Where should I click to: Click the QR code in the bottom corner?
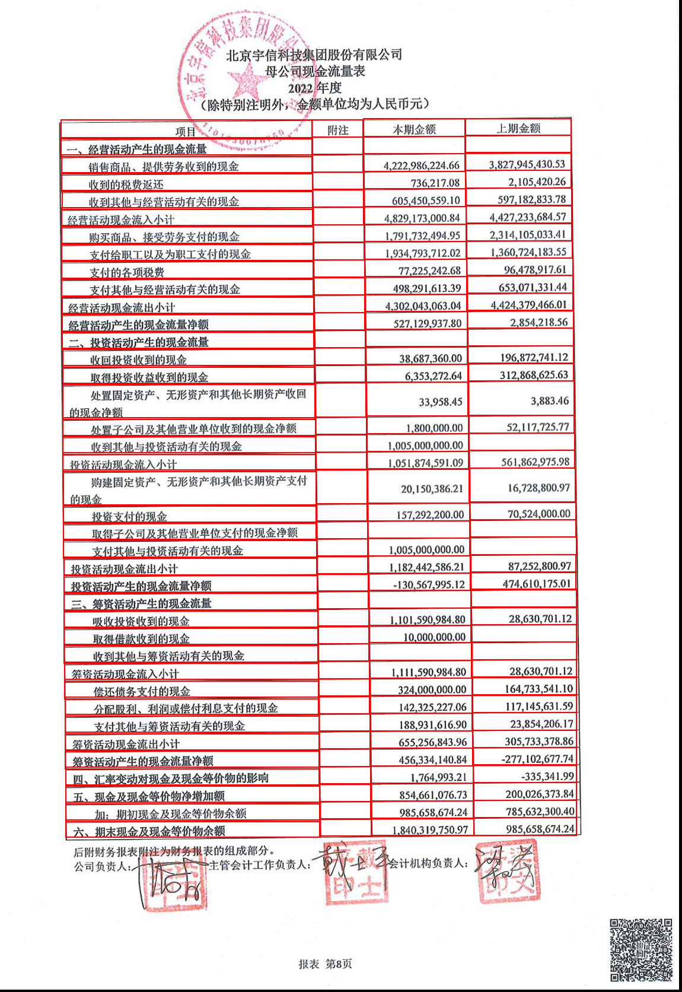click(641, 949)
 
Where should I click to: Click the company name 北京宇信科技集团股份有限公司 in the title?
click(314, 55)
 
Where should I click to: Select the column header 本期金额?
click(414, 129)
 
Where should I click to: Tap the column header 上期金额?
click(518, 128)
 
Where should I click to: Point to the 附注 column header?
click(337, 130)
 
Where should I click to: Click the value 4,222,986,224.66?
click(421, 166)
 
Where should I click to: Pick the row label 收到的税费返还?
click(126, 185)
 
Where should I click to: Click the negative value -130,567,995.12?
click(429, 585)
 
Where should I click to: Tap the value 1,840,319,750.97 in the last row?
click(430, 830)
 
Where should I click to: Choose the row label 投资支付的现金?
click(129, 516)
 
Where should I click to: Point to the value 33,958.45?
click(440, 402)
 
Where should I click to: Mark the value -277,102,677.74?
click(537, 759)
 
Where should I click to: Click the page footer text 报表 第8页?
click(325, 964)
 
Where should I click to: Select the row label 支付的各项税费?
click(127, 272)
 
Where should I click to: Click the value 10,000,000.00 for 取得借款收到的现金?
click(434, 637)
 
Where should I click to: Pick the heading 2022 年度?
click(315, 88)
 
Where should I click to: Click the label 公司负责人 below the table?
click(101, 866)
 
